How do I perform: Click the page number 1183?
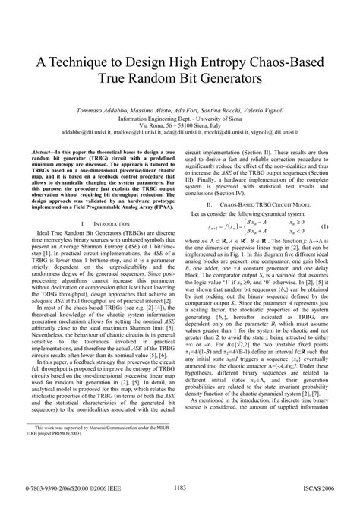coord(180,488)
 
